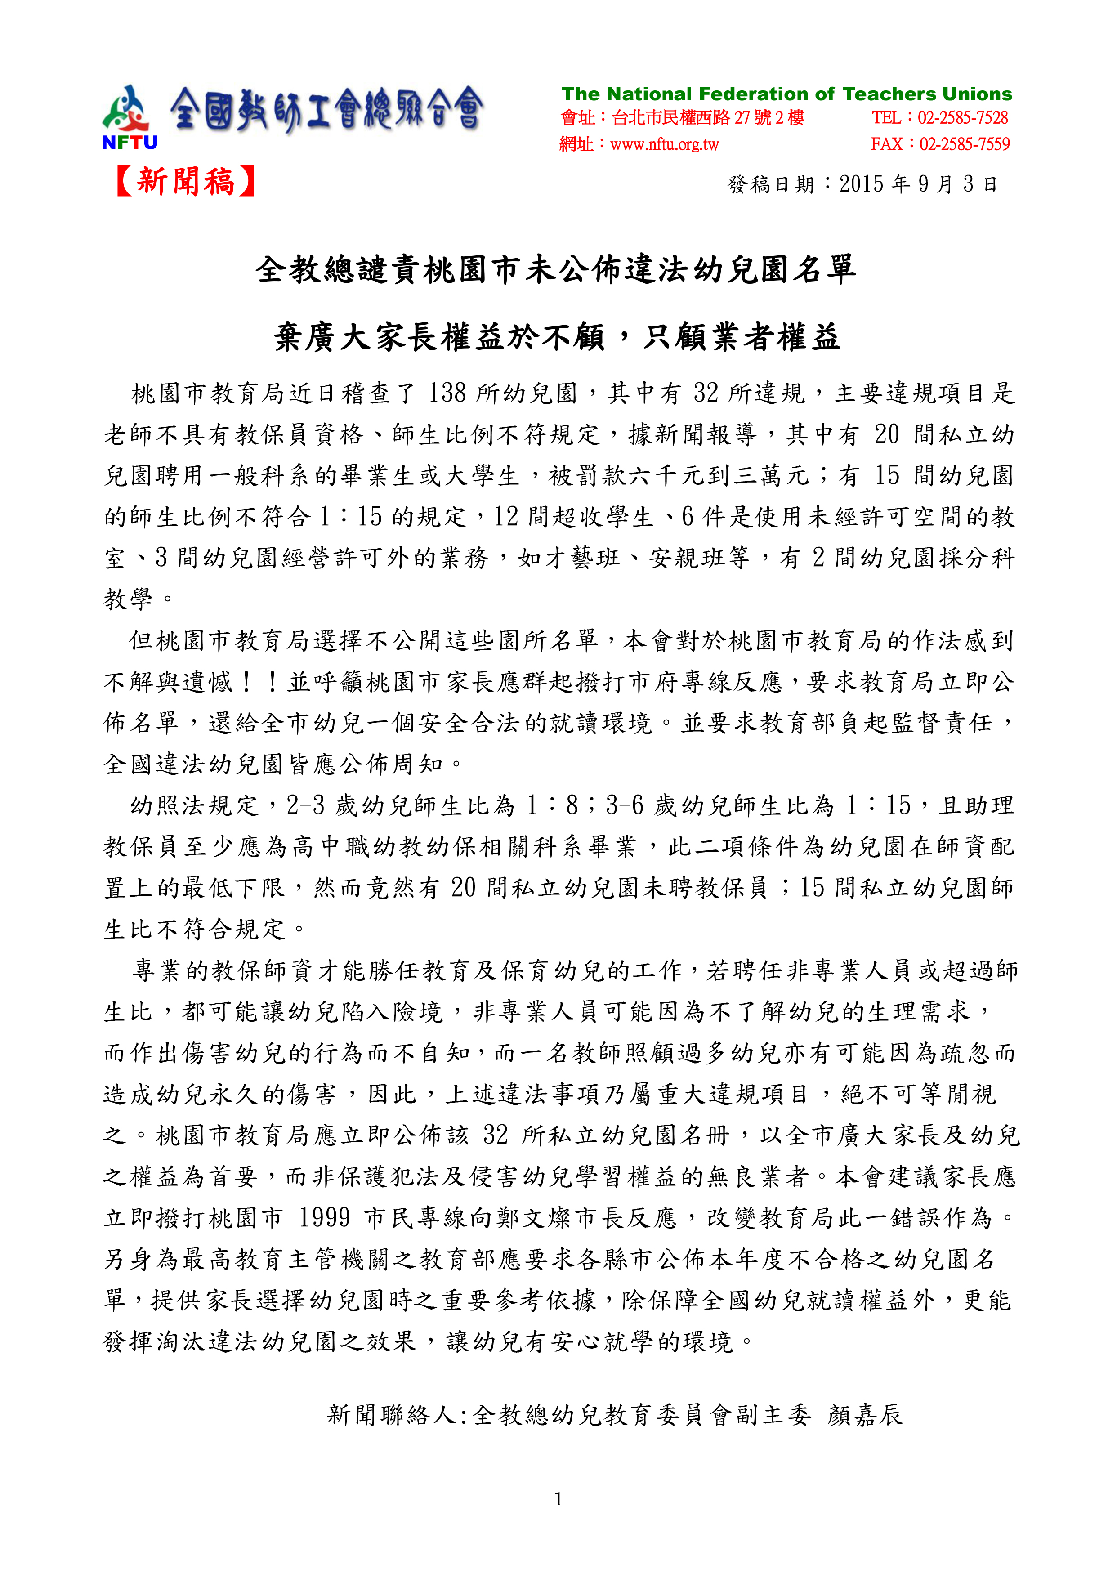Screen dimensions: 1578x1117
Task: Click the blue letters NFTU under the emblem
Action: coord(130,143)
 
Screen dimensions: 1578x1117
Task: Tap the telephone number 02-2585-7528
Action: coord(962,118)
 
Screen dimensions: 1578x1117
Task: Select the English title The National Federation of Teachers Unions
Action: coord(786,94)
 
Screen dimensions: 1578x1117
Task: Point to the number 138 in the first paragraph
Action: coord(447,393)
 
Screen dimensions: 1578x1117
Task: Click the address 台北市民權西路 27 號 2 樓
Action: coord(708,118)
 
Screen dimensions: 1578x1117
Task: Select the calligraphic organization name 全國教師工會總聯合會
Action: coord(326,110)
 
